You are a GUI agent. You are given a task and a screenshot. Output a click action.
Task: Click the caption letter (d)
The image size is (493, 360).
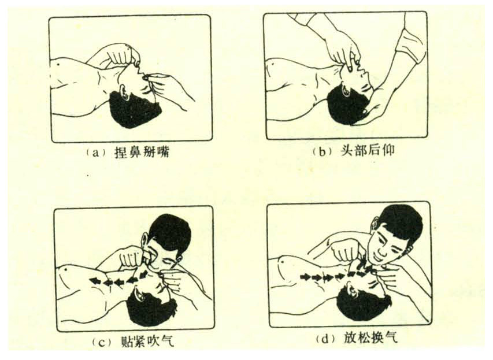(326, 339)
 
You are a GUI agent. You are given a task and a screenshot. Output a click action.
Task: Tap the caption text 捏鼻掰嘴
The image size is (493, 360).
(142, 153)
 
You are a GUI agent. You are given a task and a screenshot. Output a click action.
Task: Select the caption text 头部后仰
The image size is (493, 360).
(367, 151)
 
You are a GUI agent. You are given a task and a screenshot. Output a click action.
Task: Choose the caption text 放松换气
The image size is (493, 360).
(370, 339)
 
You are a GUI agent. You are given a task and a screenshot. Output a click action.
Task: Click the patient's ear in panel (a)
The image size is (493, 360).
(124, 94)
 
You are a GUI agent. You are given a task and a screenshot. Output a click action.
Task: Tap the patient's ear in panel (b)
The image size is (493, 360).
(346, 90)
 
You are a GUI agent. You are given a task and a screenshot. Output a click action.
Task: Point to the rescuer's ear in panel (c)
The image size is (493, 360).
(144, 240)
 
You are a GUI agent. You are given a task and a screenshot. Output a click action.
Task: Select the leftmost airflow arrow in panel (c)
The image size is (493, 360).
(94, 280)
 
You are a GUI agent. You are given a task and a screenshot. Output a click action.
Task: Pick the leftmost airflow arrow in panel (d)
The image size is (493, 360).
(306, 277)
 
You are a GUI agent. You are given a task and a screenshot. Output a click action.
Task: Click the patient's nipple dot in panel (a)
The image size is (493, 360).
(60, 64)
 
